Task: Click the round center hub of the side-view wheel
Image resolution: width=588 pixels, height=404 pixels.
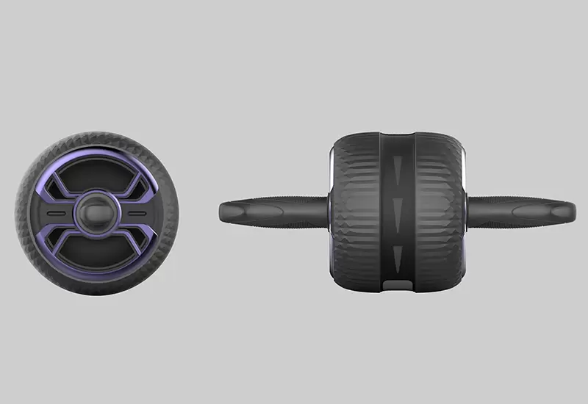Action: [97, 212]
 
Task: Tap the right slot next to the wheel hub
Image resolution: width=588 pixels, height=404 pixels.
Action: [136, 212]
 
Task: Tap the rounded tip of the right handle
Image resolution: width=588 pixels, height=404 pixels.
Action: [573, 211]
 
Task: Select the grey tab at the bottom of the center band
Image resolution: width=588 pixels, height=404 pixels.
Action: [397, 285]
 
